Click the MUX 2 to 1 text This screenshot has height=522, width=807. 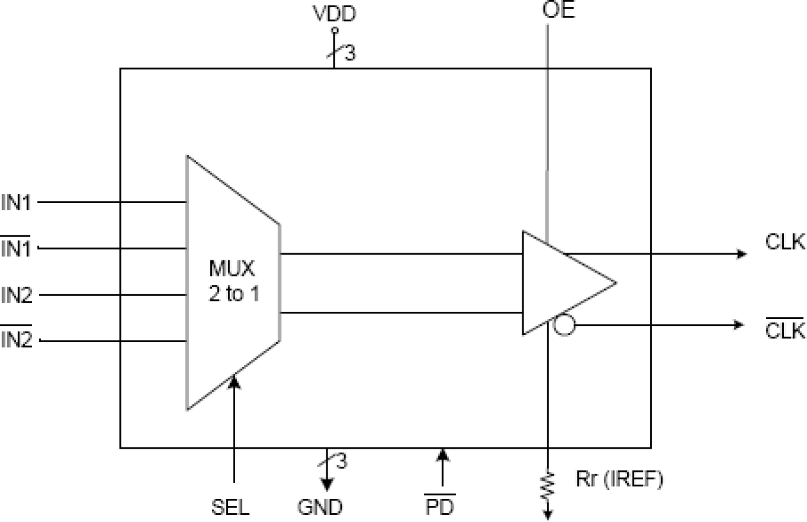coord(234,283)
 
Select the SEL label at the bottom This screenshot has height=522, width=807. coord(230,507)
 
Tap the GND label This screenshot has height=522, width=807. coord(320,507)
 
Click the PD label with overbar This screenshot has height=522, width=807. coord(440,507)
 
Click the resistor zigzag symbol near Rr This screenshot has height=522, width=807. coord(547,486)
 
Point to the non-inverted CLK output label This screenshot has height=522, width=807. coord(785,243)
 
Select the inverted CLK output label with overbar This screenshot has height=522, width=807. coord(785,330)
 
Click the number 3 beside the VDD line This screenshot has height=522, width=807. coord(349,55)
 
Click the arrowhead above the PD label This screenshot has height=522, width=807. coord(441,456)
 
